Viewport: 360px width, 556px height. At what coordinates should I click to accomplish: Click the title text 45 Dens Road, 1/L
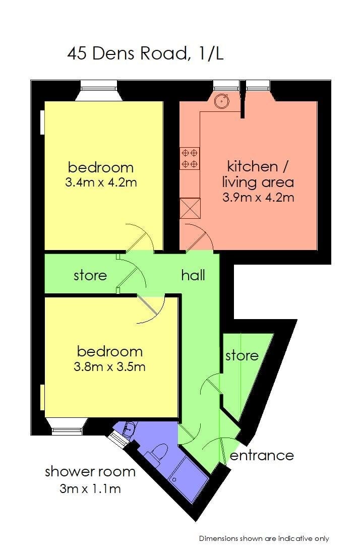(145, 53)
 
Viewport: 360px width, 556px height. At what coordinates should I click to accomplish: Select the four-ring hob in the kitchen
(190, 158)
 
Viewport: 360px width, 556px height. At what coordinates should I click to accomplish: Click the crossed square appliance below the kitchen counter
(190, 208)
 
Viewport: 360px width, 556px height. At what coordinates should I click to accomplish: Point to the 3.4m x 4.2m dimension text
(101, 182)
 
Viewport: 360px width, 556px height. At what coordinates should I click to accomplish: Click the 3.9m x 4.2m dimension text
(259, 197)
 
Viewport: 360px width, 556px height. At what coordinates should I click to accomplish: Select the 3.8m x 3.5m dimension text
(109, 366)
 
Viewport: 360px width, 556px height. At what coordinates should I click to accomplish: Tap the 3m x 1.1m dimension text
(90, 488)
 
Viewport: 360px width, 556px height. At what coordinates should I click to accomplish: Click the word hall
(193, 275)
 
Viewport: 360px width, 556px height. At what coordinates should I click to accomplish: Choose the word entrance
(262, 455)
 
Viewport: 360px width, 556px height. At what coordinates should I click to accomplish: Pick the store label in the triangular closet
(242, 355)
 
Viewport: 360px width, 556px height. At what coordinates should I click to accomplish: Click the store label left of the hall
(90, 275)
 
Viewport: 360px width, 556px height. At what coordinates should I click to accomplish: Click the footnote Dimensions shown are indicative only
(264, 538)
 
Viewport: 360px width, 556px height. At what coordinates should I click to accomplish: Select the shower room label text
(90, 472)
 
